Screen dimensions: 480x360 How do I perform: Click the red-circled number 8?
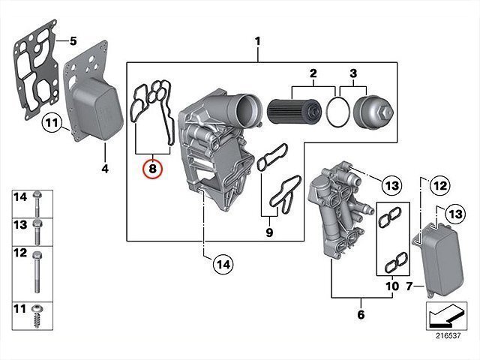152,168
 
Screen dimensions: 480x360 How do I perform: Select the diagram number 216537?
448,335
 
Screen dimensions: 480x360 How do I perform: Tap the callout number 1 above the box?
258,41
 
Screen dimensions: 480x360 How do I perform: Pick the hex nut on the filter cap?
385,112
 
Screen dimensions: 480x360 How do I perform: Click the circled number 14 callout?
223,264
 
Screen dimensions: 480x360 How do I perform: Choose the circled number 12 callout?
440,185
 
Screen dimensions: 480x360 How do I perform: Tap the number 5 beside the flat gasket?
73,41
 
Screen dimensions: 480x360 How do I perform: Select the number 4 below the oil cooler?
105,169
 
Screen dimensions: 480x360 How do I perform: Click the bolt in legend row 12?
37,272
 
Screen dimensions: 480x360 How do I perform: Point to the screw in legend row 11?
37,316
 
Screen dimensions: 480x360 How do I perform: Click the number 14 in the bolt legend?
20,196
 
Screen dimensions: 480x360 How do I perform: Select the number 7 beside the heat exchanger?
409,286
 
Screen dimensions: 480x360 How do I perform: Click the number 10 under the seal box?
392,286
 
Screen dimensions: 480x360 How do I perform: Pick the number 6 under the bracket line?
361,314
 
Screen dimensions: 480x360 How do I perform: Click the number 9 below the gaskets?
269,232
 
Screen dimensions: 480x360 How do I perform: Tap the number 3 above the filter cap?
353,73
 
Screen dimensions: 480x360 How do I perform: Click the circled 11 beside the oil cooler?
52,123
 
